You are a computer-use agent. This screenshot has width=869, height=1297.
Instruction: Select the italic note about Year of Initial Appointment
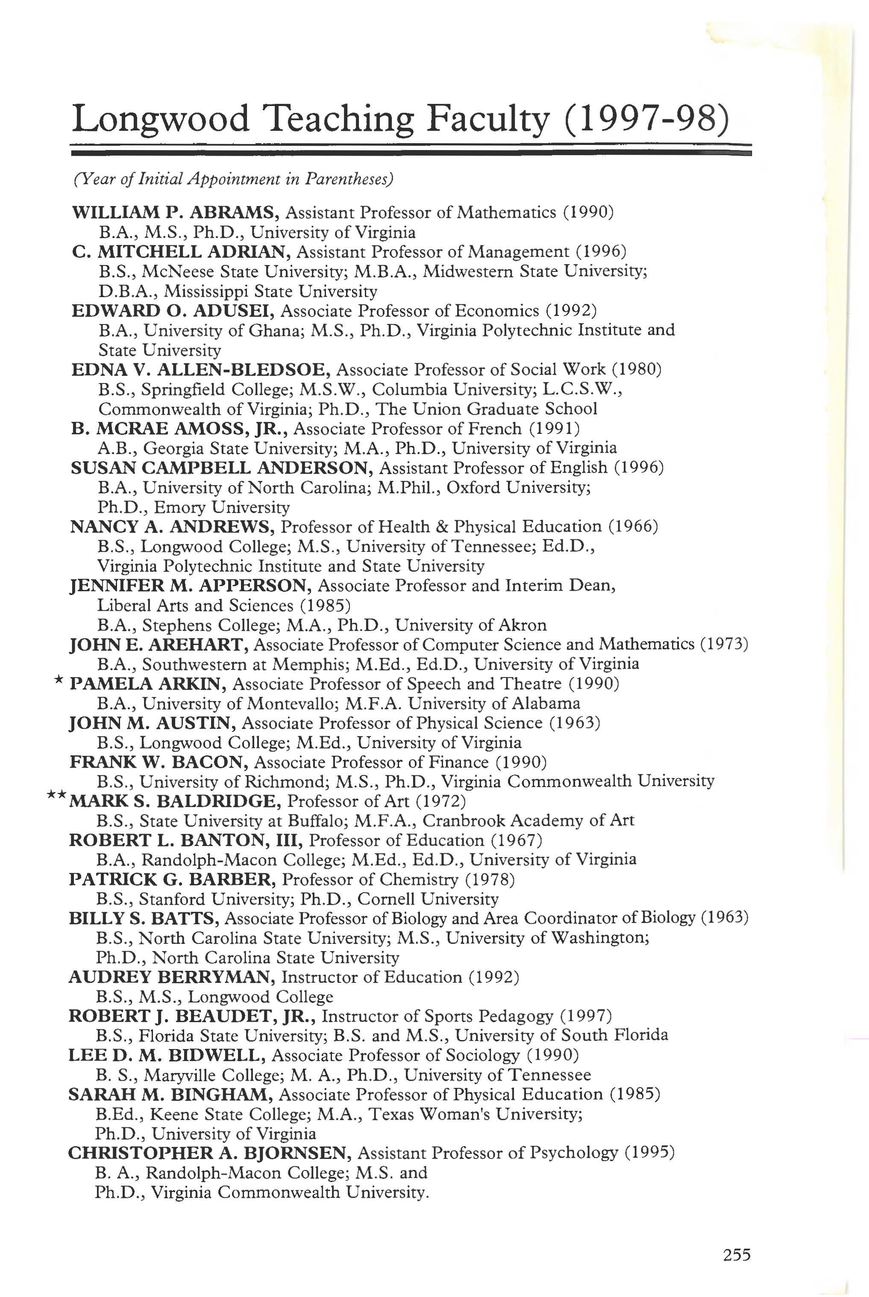point(233,179)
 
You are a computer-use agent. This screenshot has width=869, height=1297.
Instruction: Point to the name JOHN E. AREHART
point(159,644)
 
